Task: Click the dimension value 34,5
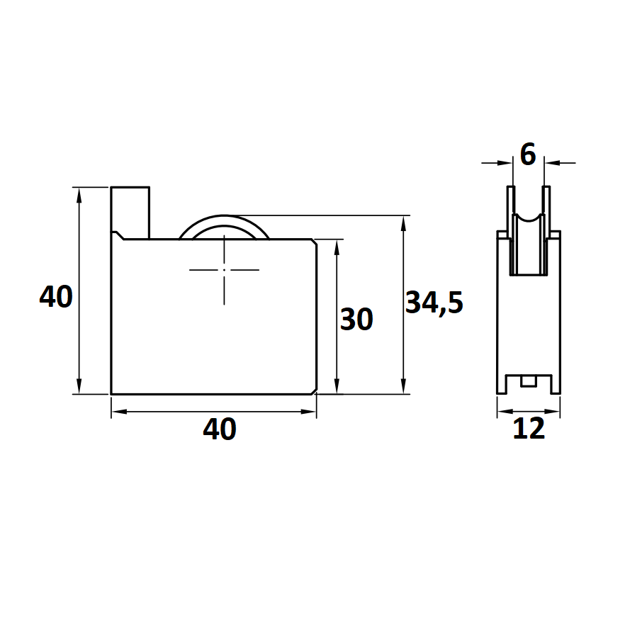(434, 302)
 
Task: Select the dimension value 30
(356, 319)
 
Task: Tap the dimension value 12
(529, 429)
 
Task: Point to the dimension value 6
(528, 154)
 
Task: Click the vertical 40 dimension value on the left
(56, 296)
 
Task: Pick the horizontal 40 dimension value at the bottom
(220, 429)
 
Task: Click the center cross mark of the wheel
(224, 270)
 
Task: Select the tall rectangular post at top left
(130, 213)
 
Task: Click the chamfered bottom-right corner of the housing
(314, 391)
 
